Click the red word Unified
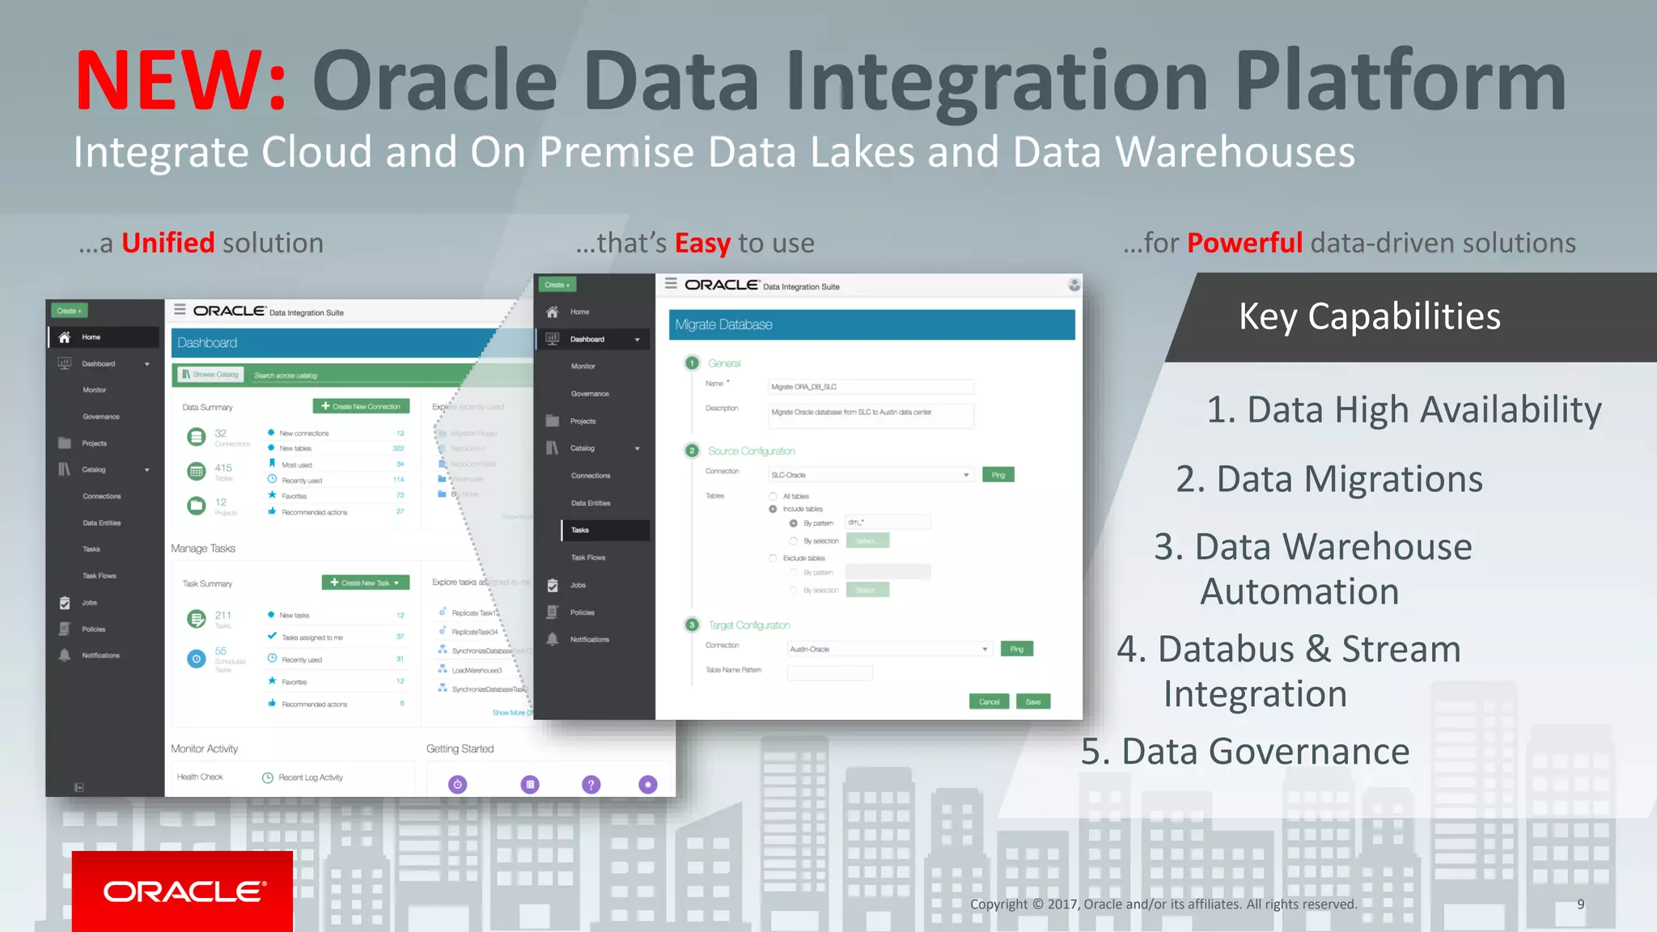(x=167, y=243)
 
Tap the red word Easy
(x=702, y=243)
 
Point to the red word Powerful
(x=1244, y=243)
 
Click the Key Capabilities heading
(x=1369, y=316)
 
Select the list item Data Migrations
(x=1329, y=479)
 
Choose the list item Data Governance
(x=1245, y=752)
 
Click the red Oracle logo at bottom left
(x=183, y=891)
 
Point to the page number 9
(x=1580, y=904)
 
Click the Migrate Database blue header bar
(x=871, y=324)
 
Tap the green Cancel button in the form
(x=989, y=701)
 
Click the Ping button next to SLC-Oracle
(x=998, y=475)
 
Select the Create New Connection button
(x=361, y=406)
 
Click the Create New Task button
(x=366, y=582)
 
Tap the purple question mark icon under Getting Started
(x=591, y=784)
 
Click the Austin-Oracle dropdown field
(x=888, y=649)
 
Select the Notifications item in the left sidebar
(x=100, y=655)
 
